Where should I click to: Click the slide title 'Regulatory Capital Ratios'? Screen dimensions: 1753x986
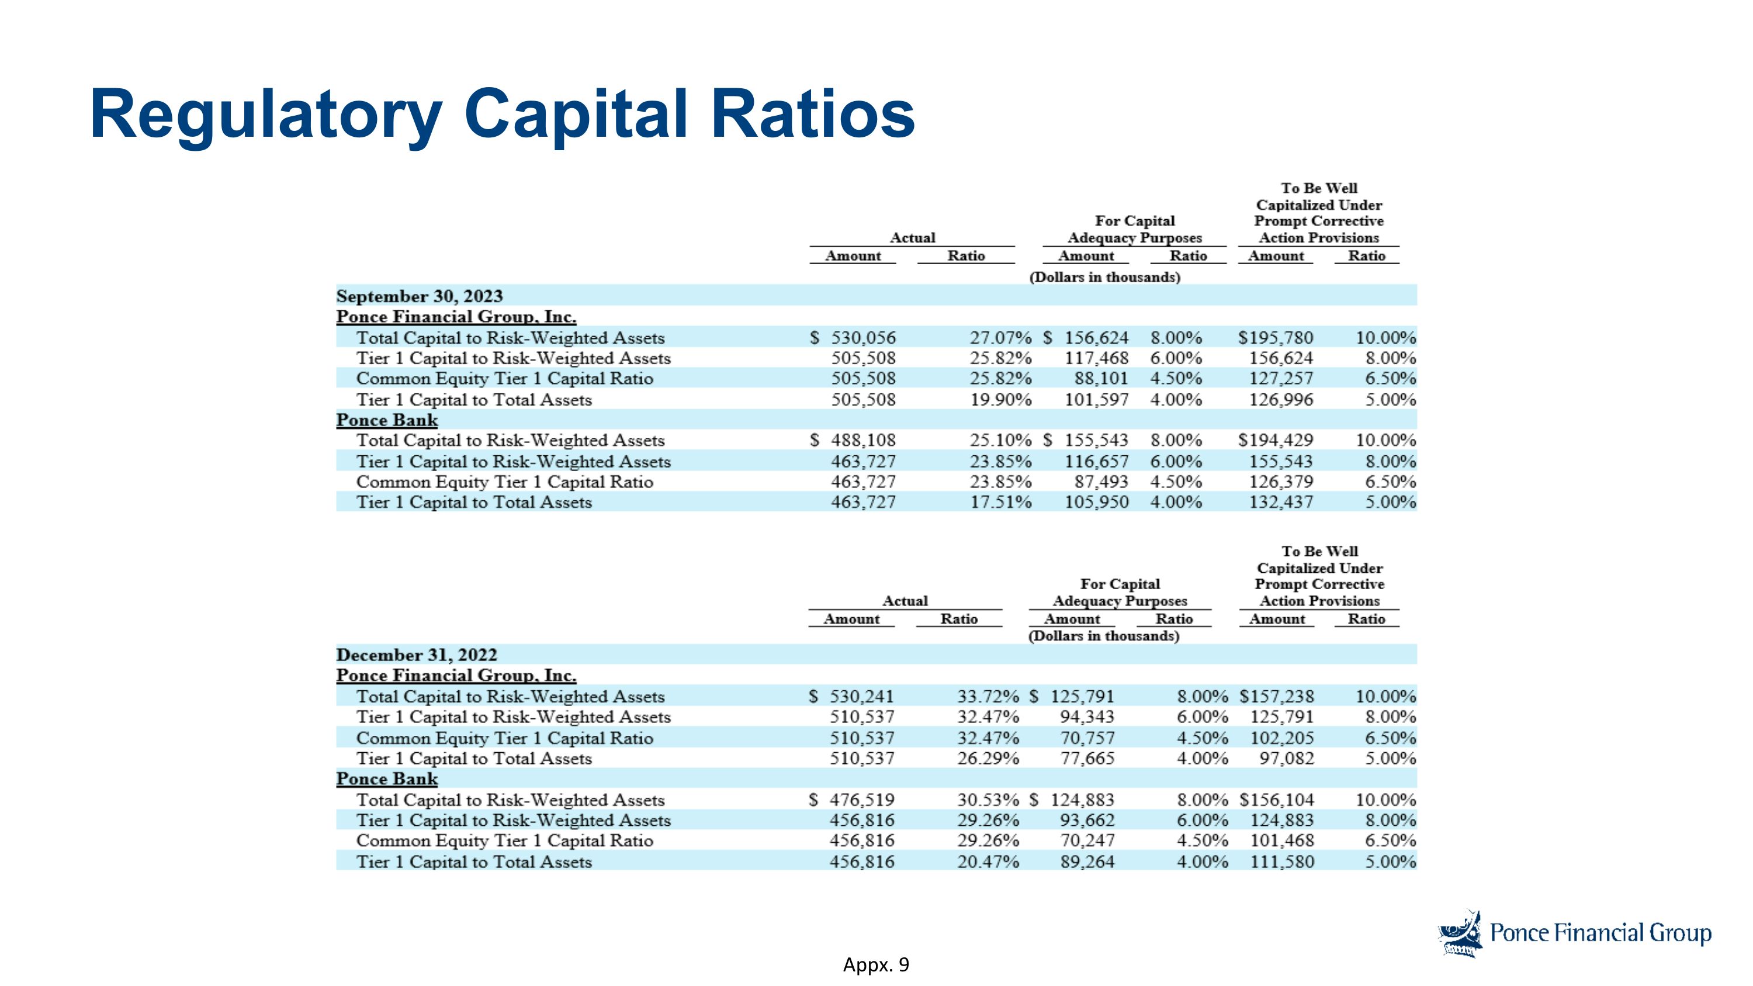502,115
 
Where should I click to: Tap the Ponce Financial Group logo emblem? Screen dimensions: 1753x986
1460,933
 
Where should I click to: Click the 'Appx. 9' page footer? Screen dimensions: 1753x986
876,965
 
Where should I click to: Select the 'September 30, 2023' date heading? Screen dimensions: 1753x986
419,296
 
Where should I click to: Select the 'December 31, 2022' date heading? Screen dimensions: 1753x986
417,655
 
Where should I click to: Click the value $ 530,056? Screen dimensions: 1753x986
853,337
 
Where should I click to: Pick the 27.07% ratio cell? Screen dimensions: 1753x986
1000,337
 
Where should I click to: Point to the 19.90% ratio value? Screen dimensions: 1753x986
1000,399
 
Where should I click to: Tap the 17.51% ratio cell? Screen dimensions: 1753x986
1000,502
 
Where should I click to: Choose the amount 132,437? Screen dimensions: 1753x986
1281,502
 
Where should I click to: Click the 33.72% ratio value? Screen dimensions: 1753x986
988,696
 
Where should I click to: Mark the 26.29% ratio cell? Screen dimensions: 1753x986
988,758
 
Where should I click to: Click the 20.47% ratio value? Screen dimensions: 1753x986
988,862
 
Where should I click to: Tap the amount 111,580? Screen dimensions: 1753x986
1282,862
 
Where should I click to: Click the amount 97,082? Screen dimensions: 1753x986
1287,758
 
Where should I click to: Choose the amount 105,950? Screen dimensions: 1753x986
1096,502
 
